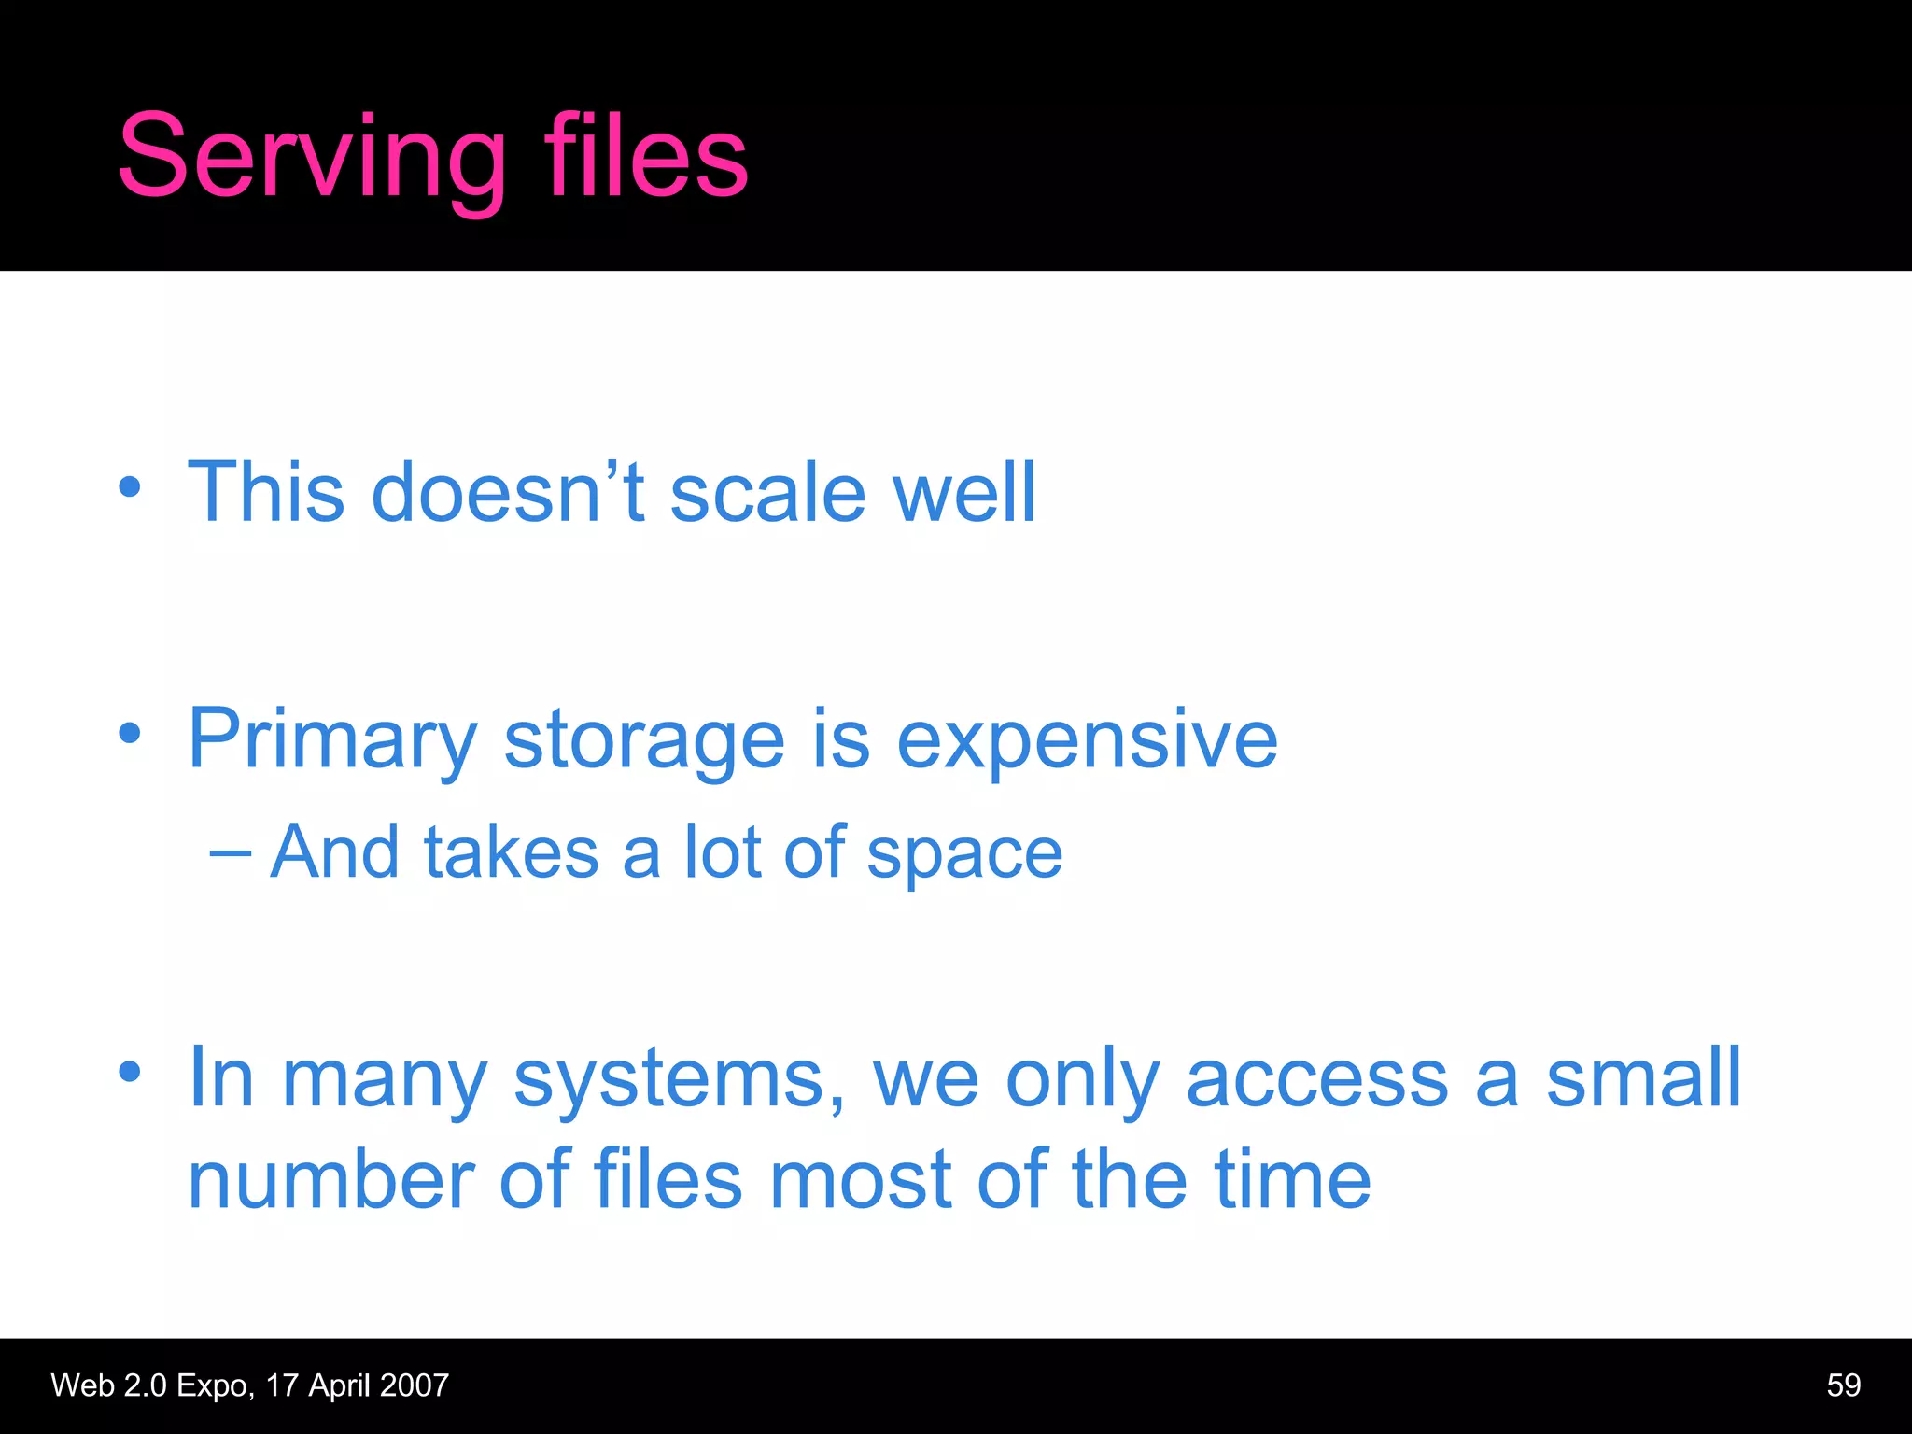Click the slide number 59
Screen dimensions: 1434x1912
pos(1843,1385)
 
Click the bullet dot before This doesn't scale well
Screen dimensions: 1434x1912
pos(130,487)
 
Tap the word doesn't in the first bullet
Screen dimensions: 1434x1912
pos(508,492)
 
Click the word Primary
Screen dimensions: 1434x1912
pos(332,739)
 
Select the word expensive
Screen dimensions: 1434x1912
pos(1087,739)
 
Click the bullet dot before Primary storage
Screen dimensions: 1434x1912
pos(130,733)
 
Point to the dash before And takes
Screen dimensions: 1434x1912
pos(230,851)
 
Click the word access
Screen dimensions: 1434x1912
pos(1316,1079)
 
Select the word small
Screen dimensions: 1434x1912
pos(1643,1077)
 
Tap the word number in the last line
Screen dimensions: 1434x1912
pos(331,1180)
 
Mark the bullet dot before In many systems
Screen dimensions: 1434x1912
pos(130,1072)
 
